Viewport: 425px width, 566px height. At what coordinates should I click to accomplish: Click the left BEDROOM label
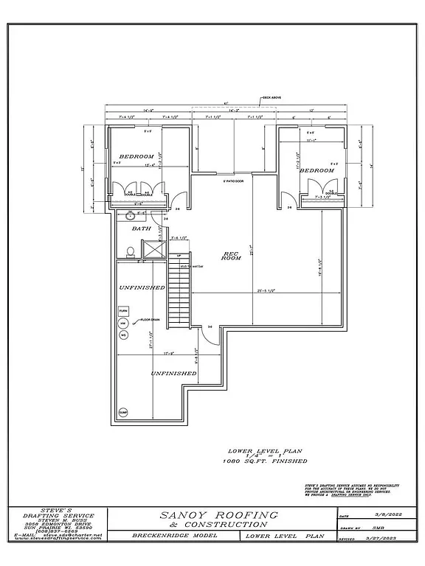[x=137, y=156]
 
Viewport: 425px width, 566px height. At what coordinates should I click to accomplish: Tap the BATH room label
[x=142, y=228]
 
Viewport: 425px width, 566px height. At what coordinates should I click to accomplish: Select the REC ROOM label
[x=233, y=256]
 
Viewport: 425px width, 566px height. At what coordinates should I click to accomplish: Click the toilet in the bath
[x=131, y=252]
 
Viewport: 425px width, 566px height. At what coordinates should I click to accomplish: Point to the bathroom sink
[x=131, y=216]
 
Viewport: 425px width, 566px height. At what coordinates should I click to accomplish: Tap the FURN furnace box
[x=122, y=312]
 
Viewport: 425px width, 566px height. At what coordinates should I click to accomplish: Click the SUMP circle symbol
[x=122, y=412]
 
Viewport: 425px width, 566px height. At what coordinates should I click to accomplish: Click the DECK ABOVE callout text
[x=272, y=97]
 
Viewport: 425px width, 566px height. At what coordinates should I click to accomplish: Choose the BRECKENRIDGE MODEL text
[x=174, y=536]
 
